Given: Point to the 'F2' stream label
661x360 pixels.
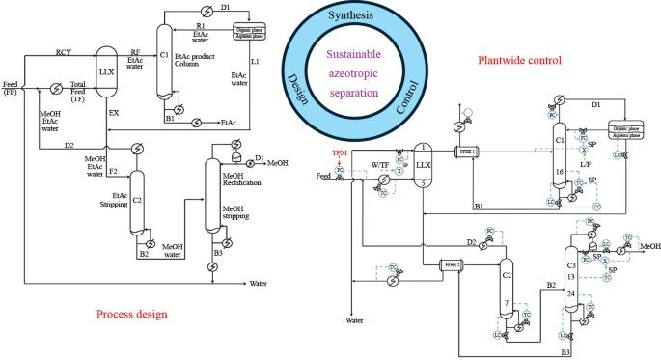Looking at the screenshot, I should [113, 171].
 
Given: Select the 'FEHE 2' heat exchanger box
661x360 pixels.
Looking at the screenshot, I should [452, 263].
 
